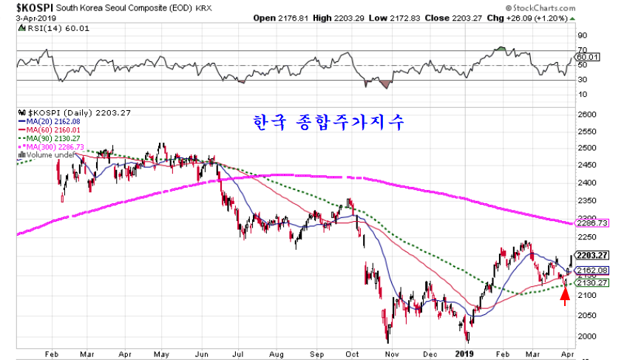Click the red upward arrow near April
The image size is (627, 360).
point(565,296)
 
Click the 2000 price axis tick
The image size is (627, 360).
point(587,336)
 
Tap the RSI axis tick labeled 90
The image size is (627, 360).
point(582,35)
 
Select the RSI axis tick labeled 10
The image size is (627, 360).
point(582,94)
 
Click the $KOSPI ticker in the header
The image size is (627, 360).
point(26,6)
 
